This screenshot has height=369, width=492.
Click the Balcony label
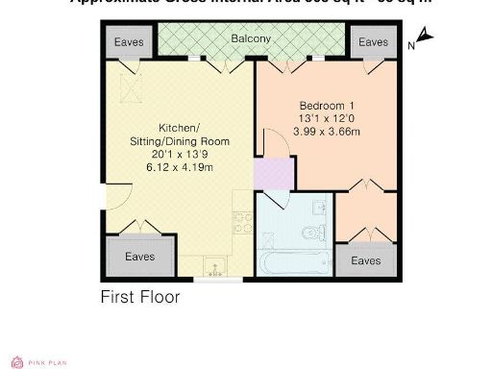coord(250,39)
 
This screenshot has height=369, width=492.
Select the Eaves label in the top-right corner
coord(373,42)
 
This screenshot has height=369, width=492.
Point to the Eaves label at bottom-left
coord(140,256)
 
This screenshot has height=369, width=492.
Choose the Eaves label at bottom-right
coord(364,260)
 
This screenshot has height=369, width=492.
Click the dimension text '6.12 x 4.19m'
coord(181,167)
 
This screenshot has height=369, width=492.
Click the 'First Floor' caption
coord(140,297)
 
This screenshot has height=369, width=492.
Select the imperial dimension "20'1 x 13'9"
coord(181,155)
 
